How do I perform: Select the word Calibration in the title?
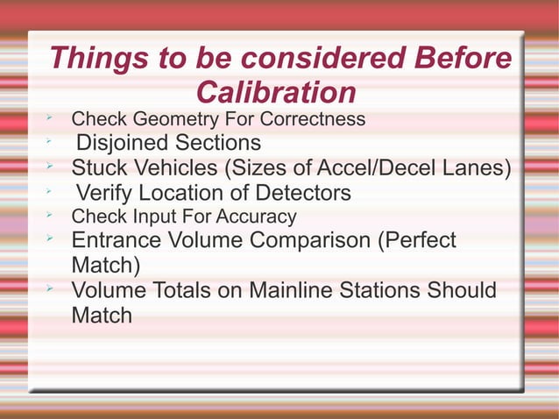276,92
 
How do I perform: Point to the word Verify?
106,192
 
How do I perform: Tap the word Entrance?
117,240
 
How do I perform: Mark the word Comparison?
304,240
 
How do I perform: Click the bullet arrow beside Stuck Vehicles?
52,165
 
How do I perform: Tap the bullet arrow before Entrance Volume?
52,238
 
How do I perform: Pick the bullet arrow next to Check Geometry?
52,117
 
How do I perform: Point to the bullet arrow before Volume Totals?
52,288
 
